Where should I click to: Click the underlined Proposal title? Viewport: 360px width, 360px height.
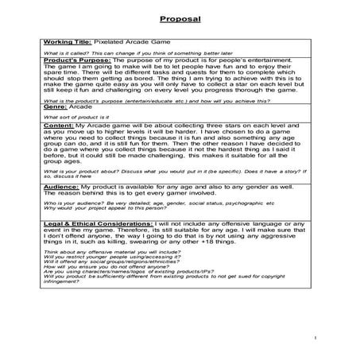180,17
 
